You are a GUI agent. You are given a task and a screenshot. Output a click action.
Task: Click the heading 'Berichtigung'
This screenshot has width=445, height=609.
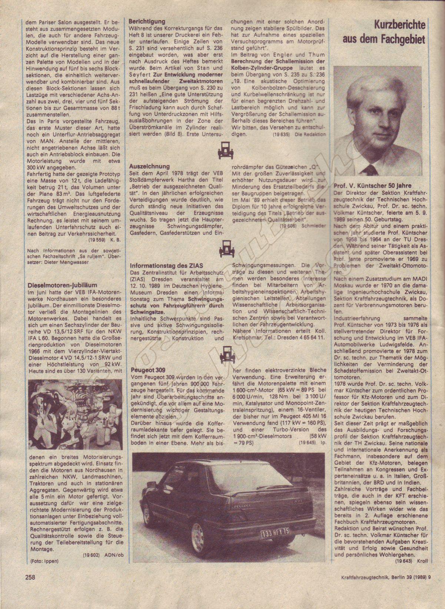(147, 22)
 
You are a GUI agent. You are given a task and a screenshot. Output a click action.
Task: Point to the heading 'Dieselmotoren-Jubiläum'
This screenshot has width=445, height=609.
(62, 285)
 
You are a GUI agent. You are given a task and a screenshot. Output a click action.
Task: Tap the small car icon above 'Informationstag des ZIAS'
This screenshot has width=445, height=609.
(223, 248)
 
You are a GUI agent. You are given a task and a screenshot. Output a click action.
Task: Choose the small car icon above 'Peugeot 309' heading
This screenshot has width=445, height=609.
(225, 353)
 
